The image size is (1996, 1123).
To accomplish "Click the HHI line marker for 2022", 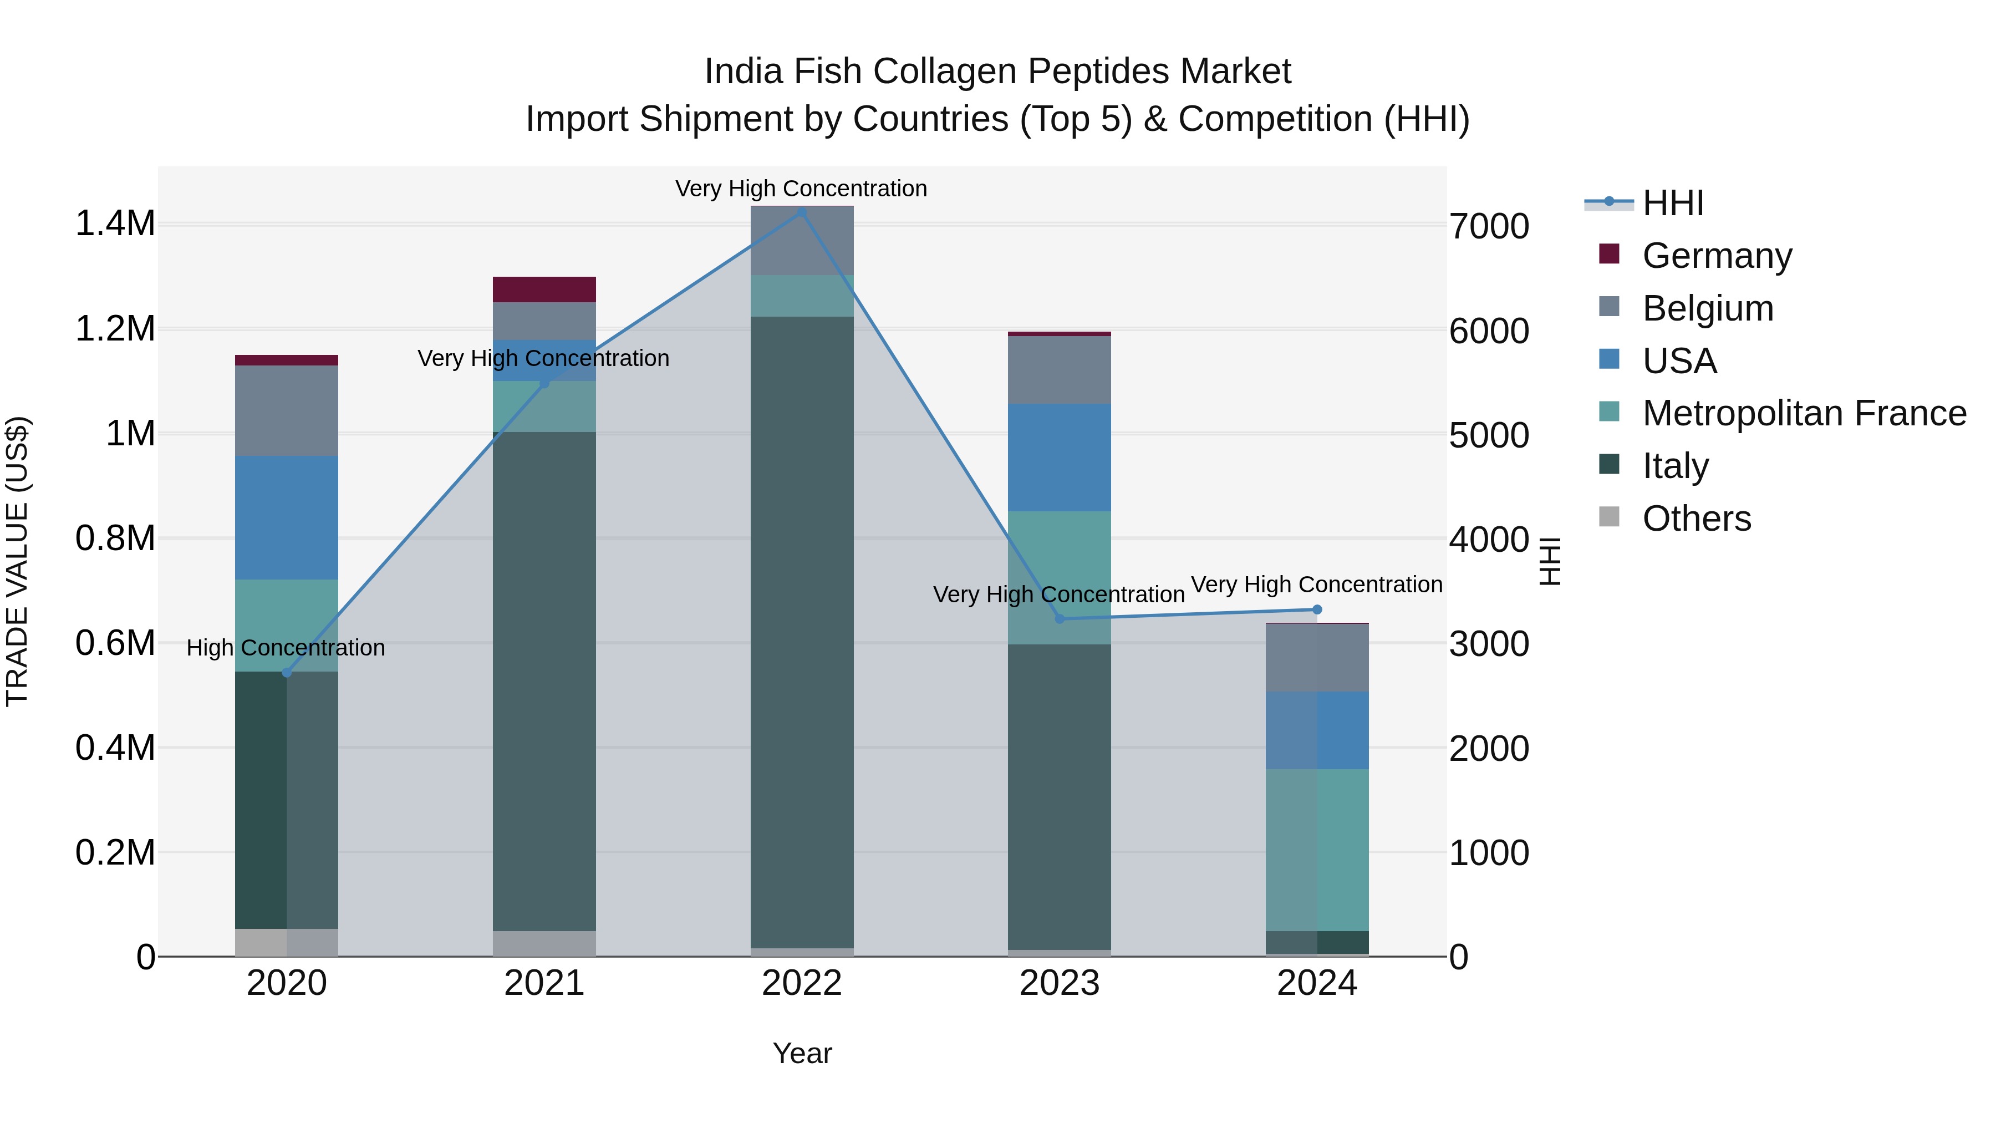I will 802,212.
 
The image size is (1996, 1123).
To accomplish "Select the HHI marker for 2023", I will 1060,618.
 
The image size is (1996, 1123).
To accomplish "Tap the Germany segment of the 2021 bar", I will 544,289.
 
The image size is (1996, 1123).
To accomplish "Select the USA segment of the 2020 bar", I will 287,518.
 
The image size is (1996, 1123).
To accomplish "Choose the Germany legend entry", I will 1716,256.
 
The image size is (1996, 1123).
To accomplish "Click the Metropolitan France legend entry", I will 1803,413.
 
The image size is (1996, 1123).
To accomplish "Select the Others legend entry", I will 1695,519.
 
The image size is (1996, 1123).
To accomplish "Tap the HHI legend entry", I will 1672,203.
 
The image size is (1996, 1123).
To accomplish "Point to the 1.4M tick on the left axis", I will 115,224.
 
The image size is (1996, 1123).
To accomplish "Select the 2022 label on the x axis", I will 802,983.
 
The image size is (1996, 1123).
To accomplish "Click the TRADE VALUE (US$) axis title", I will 17,561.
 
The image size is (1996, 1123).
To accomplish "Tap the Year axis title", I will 802,1053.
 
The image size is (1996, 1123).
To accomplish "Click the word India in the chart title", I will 742,72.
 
